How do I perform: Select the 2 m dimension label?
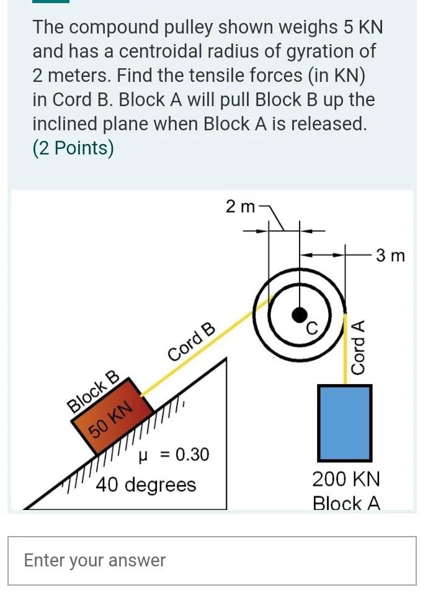[x=240, y=207]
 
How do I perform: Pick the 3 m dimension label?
[x=390, y=255]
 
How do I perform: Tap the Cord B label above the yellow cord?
[x=192, y=342]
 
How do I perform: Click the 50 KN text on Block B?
[x=111, y=420]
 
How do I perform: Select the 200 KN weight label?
[x=346, y=480]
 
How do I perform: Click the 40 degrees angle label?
[x=146, y=484]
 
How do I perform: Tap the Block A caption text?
[x=346, y=503]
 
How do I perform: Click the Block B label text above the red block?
[x=93, y=391]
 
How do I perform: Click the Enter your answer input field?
[x=212, y=561]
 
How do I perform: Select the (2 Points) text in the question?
[x=73, y=148]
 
